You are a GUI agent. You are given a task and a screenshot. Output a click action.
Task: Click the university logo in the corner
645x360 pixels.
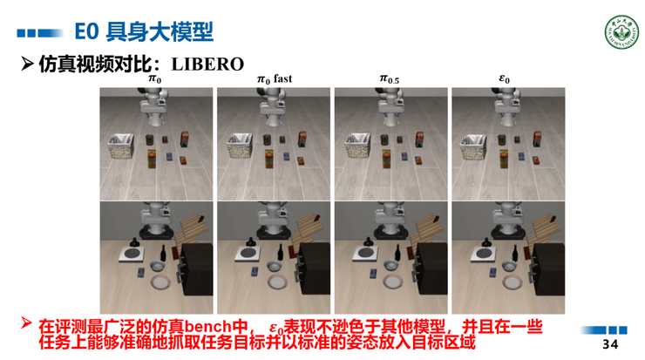point(619,32)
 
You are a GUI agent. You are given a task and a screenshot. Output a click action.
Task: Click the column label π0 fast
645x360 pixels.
point(274,79)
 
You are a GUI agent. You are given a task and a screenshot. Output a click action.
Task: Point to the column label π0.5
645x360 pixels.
point(390,79)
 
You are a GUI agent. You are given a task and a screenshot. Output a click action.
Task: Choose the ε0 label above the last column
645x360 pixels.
point(505,79)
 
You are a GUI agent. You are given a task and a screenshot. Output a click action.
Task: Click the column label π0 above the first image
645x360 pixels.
point(155,79)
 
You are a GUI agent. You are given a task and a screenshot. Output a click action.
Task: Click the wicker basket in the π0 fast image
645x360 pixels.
point(238,146)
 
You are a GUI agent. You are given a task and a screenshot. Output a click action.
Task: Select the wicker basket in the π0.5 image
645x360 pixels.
point(356,146)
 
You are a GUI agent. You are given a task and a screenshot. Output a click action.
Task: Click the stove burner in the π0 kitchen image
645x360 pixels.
point(132,254)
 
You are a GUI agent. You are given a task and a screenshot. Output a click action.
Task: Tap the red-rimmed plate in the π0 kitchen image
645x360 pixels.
point(161,282)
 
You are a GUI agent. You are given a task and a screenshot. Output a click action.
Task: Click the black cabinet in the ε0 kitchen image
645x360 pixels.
point(547,270)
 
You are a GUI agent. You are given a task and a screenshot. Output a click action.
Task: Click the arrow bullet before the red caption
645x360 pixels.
point(26,324)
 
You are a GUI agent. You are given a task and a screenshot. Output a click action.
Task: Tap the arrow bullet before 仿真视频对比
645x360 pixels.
point(27,64)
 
